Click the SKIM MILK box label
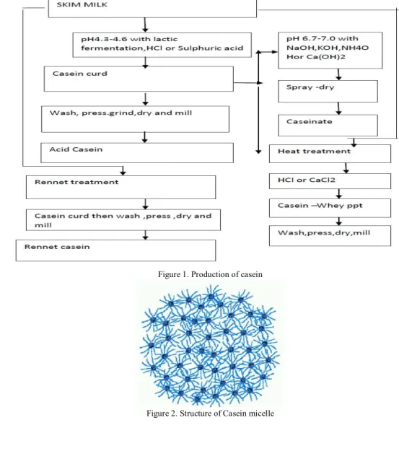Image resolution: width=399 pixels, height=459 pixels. (82, 4)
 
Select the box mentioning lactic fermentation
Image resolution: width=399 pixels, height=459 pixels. (162, 45)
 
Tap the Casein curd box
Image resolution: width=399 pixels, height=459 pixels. (139, 79)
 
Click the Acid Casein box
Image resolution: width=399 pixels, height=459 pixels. (137, 153)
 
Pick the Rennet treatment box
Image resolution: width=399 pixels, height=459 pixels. (121, 188)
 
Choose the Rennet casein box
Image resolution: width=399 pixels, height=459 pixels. (115, 250)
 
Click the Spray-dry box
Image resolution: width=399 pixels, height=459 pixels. (328, 92)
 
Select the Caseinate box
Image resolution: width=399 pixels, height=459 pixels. (328, 126)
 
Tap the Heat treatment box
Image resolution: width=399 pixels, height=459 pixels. (330, 154)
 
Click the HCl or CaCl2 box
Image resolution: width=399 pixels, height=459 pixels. (330, 181)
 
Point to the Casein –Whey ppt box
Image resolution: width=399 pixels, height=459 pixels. (330, 208)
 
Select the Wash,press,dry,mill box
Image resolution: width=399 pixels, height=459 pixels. (330, 236)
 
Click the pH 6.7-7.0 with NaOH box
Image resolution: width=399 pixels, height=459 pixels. (330, 51)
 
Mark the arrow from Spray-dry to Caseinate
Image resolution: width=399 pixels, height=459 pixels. (338, 108)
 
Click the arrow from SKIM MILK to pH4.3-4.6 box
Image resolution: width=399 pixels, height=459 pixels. (145, 25)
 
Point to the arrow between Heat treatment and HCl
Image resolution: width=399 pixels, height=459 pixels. (346, 168)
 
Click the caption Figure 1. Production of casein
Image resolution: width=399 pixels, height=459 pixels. (210, 274)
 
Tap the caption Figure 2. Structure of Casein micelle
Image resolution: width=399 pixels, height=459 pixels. (210, 414)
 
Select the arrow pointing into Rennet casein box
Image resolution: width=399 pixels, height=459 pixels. (146, 235)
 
